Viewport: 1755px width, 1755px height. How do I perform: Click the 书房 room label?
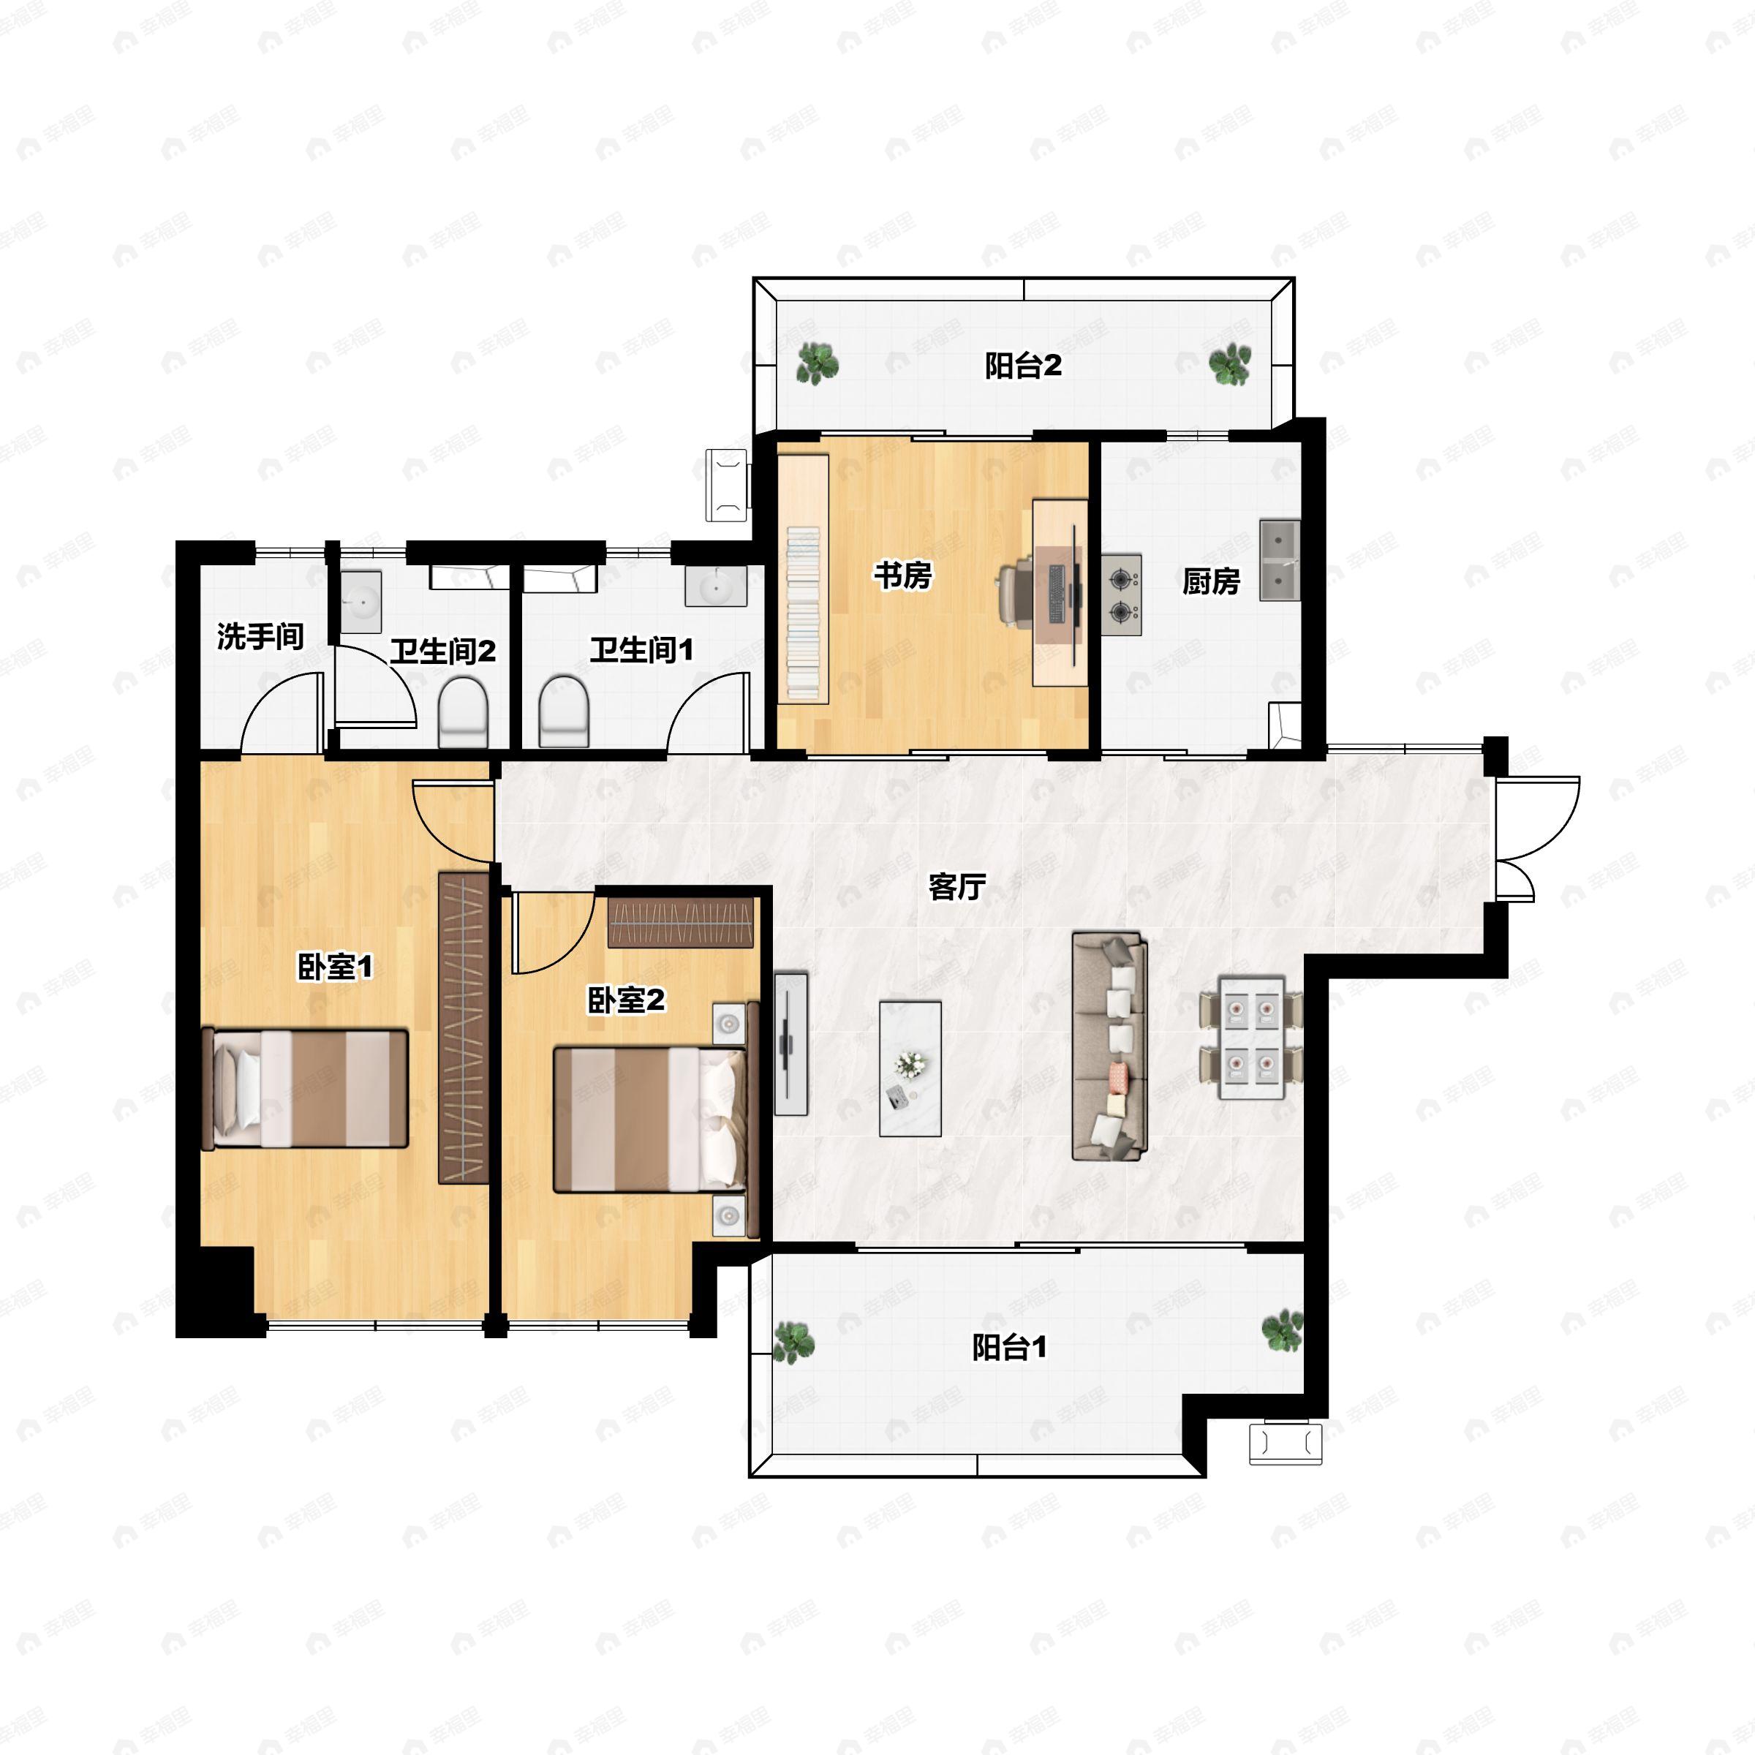click(902, 575)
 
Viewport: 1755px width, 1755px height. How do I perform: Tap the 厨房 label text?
click(1211, 581)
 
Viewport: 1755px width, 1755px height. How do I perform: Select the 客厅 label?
click(956, 886)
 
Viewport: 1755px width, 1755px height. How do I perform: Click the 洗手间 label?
click(260, 636)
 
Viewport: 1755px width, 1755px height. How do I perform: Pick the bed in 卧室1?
click(305, 1088)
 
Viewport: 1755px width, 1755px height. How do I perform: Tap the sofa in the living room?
click(1109, 1046)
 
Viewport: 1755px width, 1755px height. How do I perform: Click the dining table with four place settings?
click(1251, 1038)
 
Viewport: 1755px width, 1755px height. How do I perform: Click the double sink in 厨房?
click(1279, 559)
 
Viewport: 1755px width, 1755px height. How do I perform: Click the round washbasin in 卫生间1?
click(716, 586)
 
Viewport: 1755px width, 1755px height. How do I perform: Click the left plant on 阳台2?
click(818, 363)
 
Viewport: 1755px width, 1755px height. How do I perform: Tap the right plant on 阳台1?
click(1282, 1330)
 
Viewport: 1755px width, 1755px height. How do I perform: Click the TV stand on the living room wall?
click(790, 1043)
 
